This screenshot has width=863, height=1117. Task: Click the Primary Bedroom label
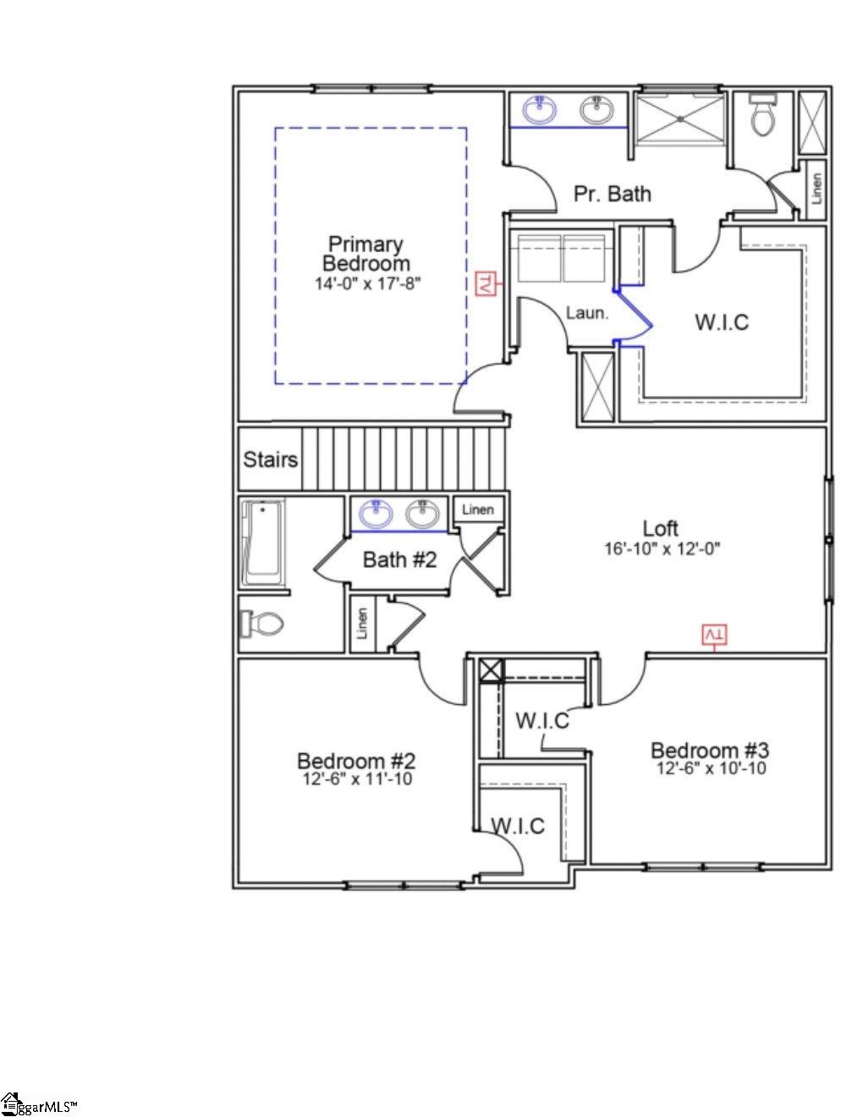tap(366, 254)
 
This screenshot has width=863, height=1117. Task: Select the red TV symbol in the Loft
tap(715, 634)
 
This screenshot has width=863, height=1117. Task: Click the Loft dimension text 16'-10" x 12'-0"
tap(662, 548)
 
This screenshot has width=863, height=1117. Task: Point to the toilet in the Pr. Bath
tap(762, 117)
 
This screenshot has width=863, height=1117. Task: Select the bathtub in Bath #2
tap(263, 542)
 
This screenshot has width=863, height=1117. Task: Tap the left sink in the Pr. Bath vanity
tap(540, 109)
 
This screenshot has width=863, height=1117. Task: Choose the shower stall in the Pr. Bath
tap(680, 119)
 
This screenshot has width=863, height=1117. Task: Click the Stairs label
tap(270, 459)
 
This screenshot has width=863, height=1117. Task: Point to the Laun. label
tap(586, 313)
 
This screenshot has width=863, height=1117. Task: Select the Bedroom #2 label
tap(355, 760)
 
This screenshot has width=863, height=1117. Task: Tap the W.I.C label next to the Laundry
tap(722, 322)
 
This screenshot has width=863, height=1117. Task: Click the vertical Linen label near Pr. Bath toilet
tap(816, 190)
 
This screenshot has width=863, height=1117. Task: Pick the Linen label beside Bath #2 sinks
tap(478, 509)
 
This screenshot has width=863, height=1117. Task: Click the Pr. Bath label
tap(613, 194)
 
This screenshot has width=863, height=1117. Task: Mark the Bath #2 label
tap(399, 559)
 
